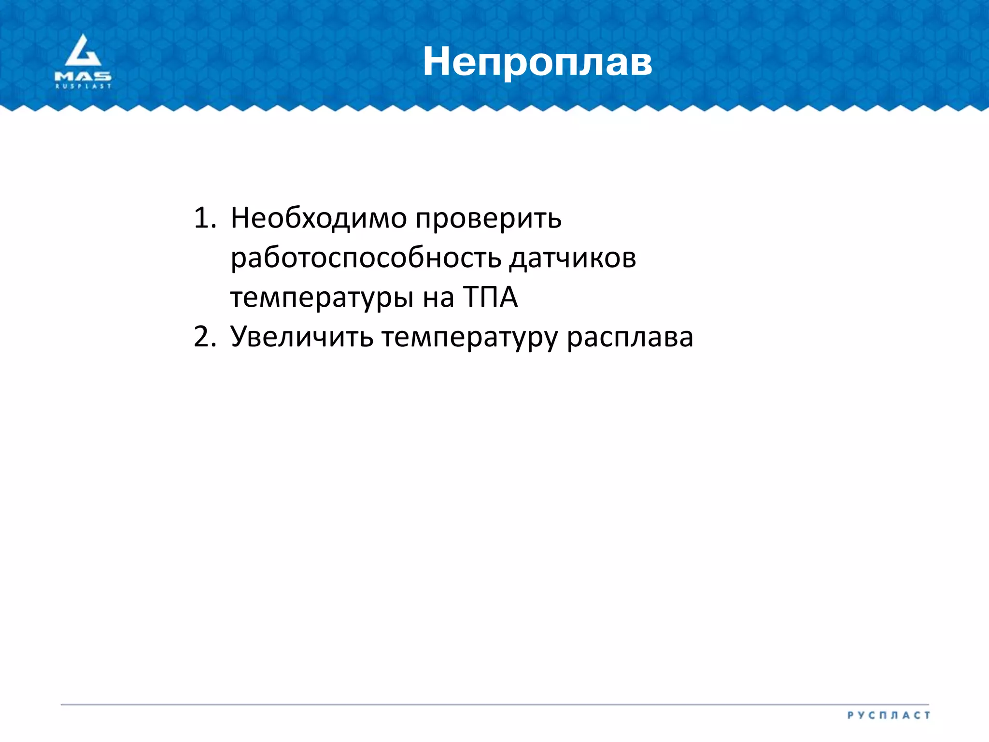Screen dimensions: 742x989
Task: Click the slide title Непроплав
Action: (x=537, y=62)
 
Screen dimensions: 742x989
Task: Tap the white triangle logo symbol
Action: (x=83, y=51)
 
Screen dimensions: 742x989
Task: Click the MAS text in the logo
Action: (x=83, y=76)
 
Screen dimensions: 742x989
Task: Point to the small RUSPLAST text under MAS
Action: (x=83, y=86)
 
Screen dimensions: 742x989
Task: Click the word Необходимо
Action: (x=319, y=218)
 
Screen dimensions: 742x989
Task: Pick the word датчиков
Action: (x=573, y=258)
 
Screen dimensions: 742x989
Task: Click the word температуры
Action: (x=322, y=298)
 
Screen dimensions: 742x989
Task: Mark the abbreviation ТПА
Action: (x=491, y=297)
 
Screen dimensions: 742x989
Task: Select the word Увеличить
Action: (x=302, y=337)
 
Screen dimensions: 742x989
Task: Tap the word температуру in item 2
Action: (x=469, y=338)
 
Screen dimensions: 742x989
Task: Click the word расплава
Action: (x=630, y=338)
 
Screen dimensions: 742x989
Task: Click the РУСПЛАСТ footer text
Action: (x=888, y=715)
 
